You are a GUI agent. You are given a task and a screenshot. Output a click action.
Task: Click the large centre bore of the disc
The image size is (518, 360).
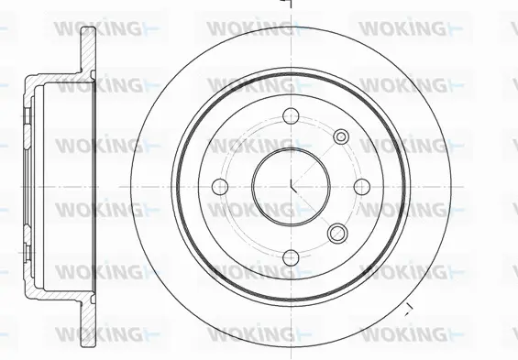(292, 182)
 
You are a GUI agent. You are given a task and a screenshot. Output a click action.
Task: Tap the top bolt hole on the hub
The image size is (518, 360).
(292, 115)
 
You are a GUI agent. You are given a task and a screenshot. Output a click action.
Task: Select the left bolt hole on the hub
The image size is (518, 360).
(220, 186)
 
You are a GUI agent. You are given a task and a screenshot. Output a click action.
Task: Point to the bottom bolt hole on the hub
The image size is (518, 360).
(292, 257)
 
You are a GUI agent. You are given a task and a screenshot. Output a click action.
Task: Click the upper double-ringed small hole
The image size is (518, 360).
(341, 136)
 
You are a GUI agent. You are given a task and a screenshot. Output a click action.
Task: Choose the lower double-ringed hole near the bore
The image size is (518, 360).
(337, 232)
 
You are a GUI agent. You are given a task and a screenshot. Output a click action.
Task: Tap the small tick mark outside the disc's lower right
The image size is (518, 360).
(408, 305)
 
